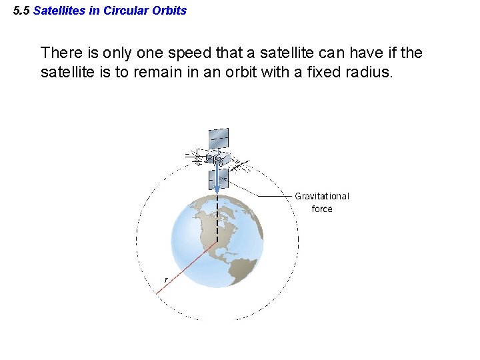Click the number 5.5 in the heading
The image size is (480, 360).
point(21,11)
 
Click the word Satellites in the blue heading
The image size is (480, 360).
point(59,11)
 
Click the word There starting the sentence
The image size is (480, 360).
point(61,53)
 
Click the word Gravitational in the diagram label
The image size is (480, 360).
point(322,196)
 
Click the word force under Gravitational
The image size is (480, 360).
point(322,209)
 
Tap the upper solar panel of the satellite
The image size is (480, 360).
point(217,139)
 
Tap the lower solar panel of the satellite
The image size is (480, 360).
point(218,178)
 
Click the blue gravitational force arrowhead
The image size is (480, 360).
point(217,190)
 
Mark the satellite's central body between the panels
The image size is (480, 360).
point(216,159)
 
